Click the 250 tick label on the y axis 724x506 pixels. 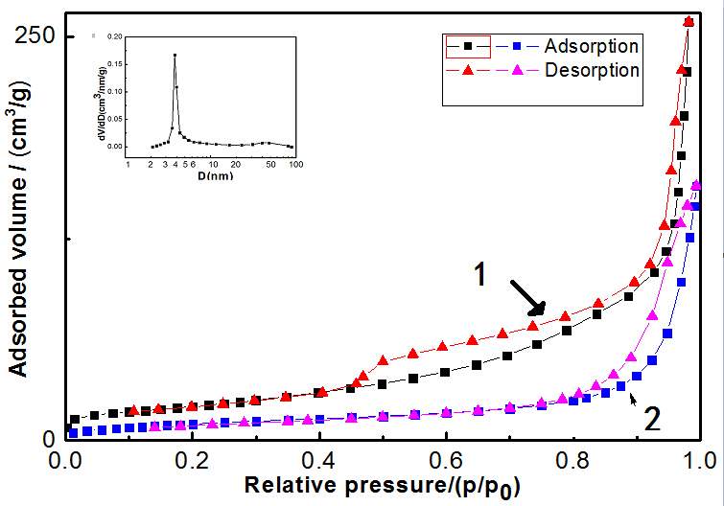click(x=35, y=35)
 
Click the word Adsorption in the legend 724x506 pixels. click(x=591, y=46)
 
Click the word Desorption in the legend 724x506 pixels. click(x=592, y=70)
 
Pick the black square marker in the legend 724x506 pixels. click(x=468, y=46)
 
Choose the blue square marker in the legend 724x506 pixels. click(x=516, y=46)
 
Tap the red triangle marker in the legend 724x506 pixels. click(x=468, y=70)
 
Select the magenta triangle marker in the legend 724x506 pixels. click(x=516, y=70)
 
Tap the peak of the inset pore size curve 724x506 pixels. click(x=175, y=56)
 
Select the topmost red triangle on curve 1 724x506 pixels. click(x=689, y=21)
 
